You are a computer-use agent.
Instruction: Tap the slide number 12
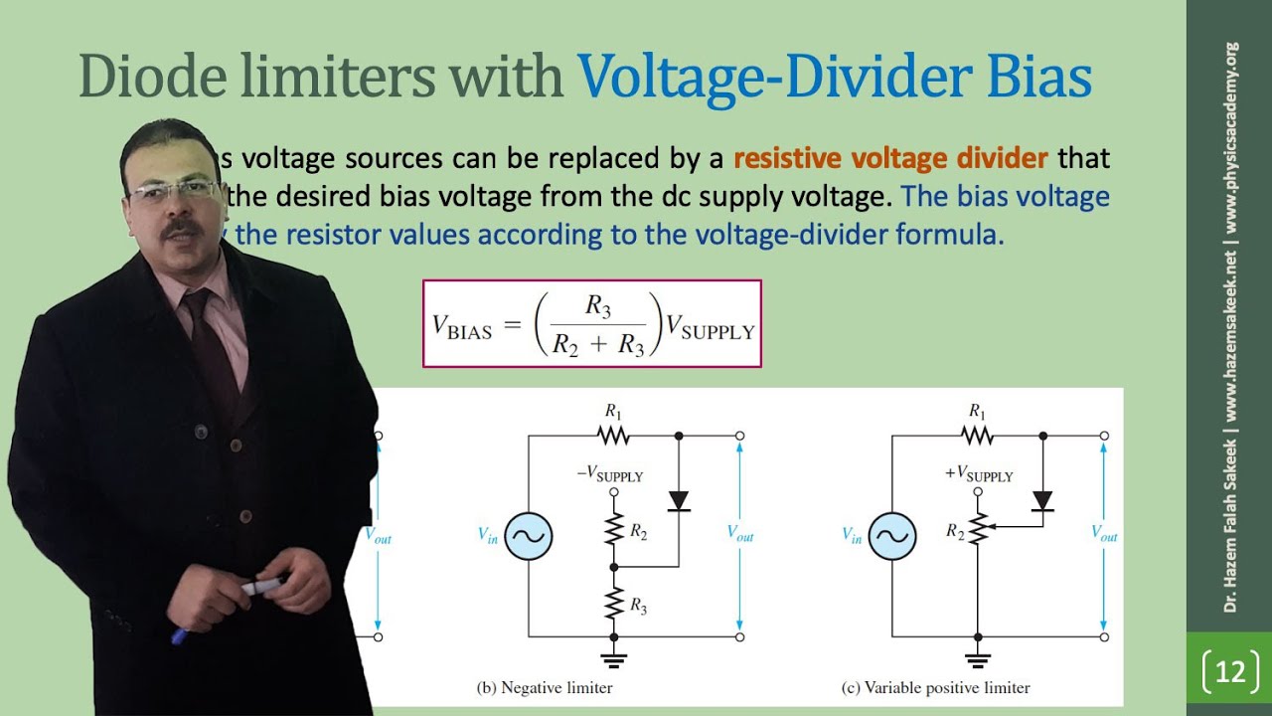coord(1229,672)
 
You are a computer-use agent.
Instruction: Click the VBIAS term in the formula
coord(462,325)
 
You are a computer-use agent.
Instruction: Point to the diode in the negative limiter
coord(679,500)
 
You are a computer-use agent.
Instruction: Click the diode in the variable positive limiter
coord(1042,500)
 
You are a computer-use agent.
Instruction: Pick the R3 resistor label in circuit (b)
coord(637,606)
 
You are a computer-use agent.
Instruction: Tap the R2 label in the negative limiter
coord(638,532)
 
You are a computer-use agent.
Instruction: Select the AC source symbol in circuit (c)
coord(891,536)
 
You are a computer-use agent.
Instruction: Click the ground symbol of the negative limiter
coord(613,657)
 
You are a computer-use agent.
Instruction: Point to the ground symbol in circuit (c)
coord(978,657)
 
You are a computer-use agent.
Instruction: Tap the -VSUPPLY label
coord(610,474)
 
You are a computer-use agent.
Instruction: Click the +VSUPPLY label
coord(978,474)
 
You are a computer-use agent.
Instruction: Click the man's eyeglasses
coord(175,190)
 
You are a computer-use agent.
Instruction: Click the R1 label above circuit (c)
coord(978,412)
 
